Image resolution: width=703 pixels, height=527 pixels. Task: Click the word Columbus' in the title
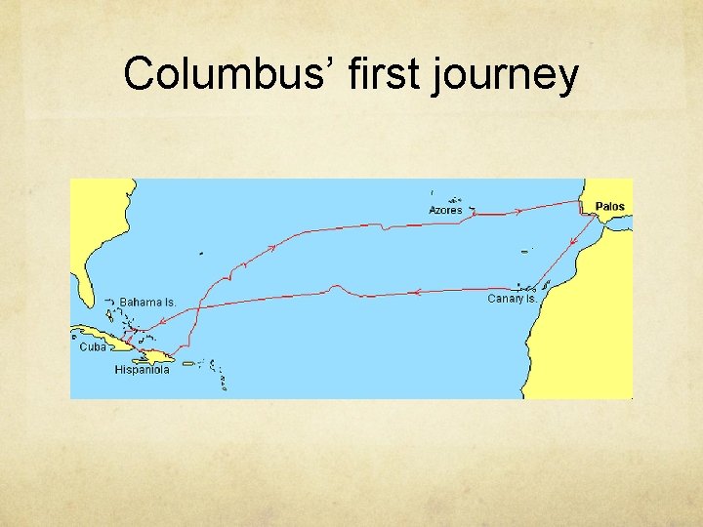tap(230, 74)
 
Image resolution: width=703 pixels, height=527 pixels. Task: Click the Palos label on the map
tap(610, 207)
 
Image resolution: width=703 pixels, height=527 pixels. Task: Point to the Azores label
tap(445, 211)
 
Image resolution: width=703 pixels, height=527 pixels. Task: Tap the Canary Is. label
tap(512, 299)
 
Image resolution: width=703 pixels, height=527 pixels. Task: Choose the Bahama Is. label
tap(147, 303)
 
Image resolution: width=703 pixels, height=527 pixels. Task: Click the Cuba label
tap(93, 346)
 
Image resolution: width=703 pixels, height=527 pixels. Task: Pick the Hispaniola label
tap(142, 370)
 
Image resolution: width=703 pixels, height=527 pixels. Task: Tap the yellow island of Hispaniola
tap(156, 357)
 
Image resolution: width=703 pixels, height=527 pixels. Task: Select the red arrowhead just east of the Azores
tap(518, 209)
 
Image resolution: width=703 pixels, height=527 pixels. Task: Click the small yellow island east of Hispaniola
tap(188, 363)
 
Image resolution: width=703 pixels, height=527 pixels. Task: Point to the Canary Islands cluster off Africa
tap(533, 288)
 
